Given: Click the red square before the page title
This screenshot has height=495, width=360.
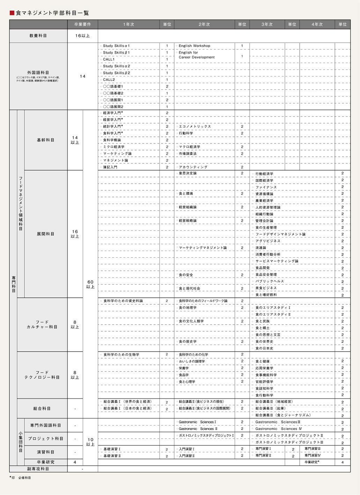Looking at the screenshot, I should [x=12, y=13].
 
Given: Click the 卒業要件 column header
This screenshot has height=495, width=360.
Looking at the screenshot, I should [x=82, y=24].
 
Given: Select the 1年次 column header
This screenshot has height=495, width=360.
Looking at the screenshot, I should [x=128, y=24].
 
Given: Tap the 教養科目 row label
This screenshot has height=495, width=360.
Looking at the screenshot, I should [x=38, y=36].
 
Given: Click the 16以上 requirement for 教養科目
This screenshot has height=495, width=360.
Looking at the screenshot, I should [x=82, y=36].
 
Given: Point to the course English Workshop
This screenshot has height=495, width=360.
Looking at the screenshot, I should [x=194, y=46].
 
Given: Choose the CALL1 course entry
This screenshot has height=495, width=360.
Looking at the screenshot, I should [x=109, y=59].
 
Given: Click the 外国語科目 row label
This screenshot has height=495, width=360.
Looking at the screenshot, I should [x=38, y=73].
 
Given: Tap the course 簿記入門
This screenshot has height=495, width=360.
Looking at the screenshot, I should [x=110, y=167].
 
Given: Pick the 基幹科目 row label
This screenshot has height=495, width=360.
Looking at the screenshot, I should [x=45, y=140].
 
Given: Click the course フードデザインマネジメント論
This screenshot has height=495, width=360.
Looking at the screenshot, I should [x=280, y=234].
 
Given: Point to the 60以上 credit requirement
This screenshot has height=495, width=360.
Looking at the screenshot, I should [x=90, y=284].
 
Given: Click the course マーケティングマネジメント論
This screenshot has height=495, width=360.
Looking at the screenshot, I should [x=203, y=248].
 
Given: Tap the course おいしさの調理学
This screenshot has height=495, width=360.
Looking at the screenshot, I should [x=192, y=361].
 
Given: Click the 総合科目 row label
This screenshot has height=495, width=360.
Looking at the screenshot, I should [x=42, y=408].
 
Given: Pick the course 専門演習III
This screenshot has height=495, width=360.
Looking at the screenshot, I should [x=312, y=449].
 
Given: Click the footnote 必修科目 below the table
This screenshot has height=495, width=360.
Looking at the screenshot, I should [x=24, y=478].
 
